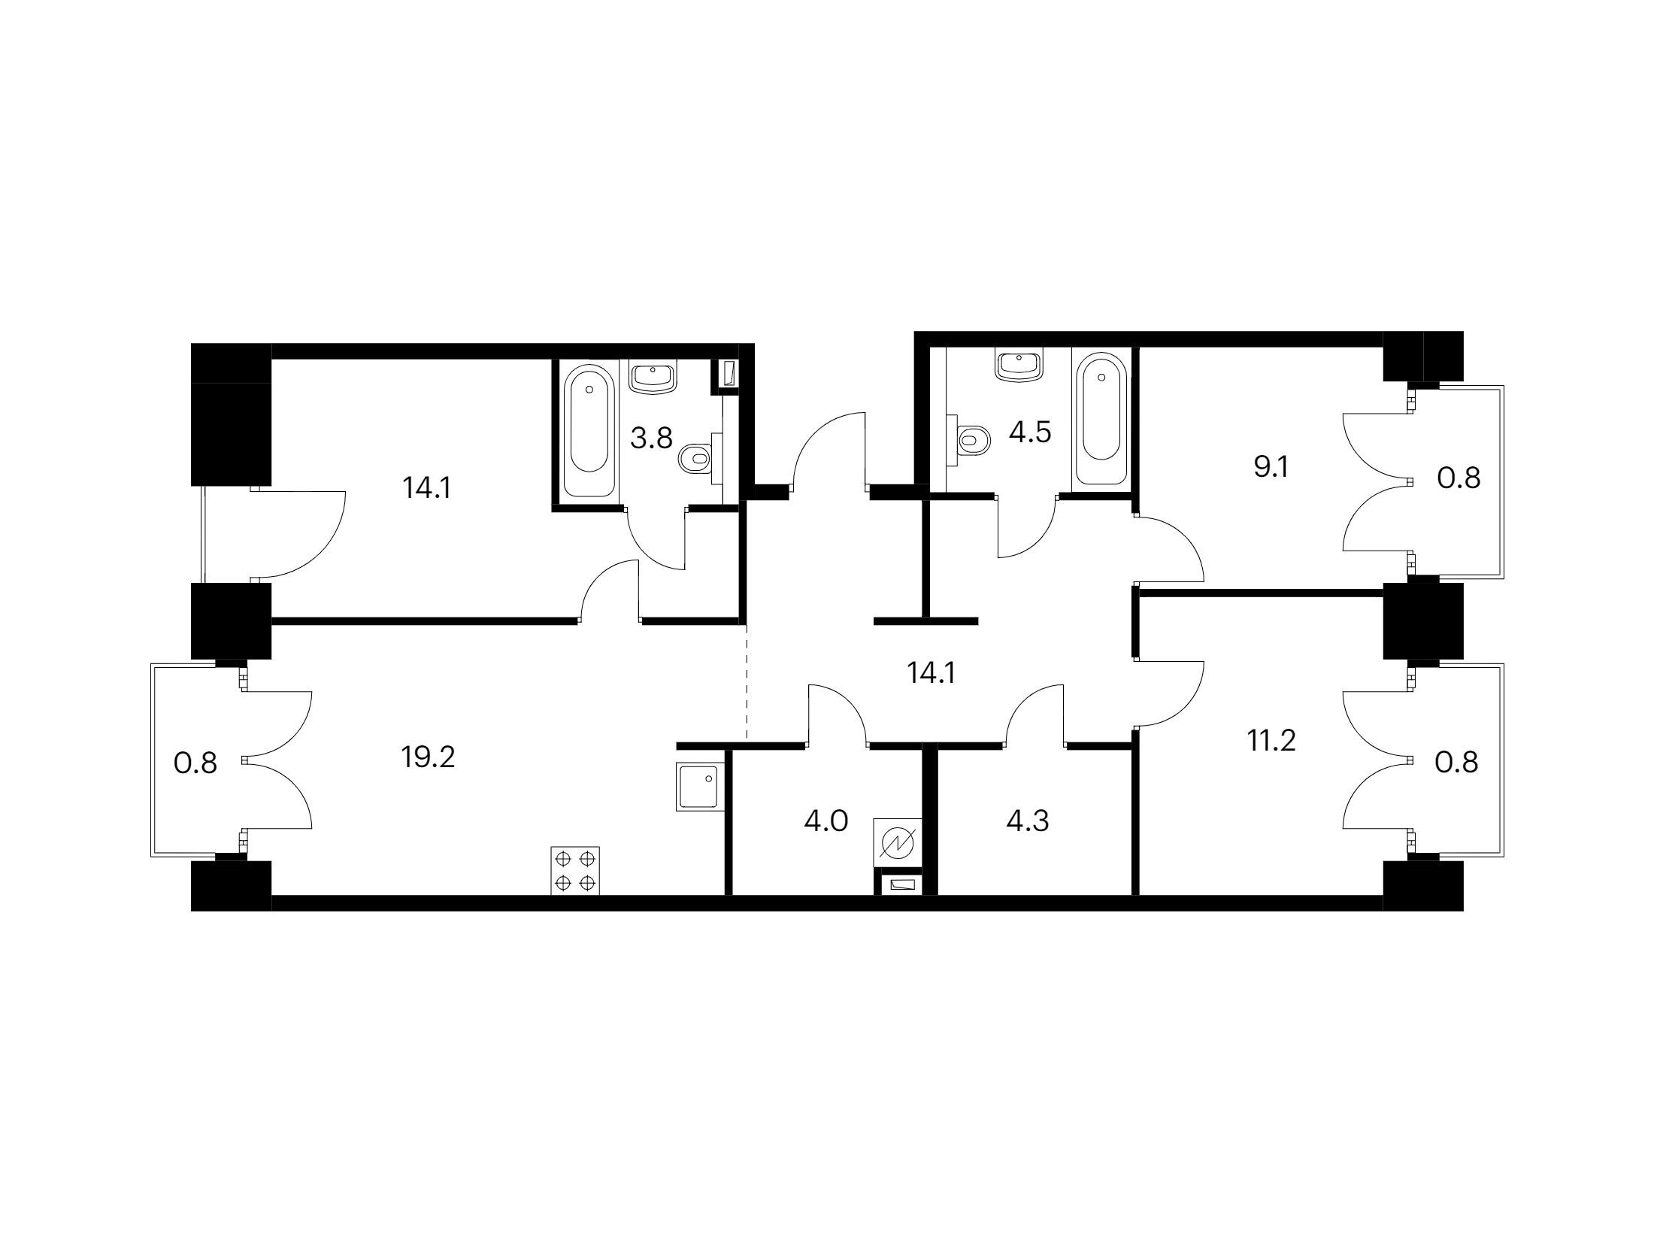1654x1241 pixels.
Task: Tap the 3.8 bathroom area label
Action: click(651, 437)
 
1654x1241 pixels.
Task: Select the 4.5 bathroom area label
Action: click(1029, 432)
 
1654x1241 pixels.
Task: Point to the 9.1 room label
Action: click(1271, 467)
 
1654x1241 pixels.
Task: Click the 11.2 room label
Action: click(1272, 742)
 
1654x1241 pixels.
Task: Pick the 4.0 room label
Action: click(826, 821)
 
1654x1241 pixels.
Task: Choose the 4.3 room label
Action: click(1028, 821)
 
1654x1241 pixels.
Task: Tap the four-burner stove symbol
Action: click(576, 870)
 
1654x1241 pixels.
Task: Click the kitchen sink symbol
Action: click(700, 786)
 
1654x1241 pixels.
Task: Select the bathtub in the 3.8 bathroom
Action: click(589, 430)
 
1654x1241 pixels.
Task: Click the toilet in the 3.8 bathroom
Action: click(700, 457)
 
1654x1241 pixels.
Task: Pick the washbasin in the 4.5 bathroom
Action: click(1019, 365)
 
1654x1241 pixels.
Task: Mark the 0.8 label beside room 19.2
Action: click(195, 763)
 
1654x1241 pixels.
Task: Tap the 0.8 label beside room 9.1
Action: click(1459, 478)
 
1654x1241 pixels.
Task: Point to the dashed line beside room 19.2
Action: click(747, 681)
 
